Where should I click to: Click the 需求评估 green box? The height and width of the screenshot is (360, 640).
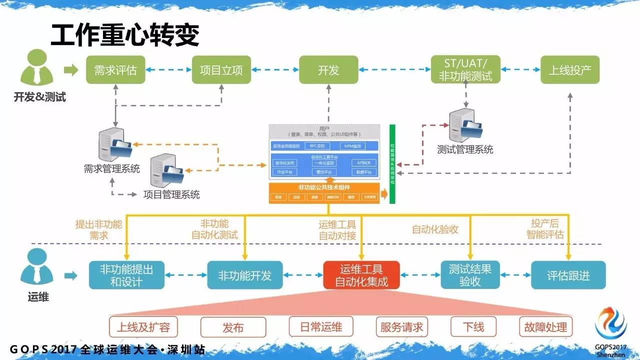coord(115,70)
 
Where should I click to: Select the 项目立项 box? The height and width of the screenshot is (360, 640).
coord(221,70)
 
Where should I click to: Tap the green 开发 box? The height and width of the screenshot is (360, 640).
coord(328,70)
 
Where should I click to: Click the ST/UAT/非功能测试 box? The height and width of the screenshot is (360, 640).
coord(465,69)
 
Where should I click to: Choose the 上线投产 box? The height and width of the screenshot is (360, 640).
coord(569,70)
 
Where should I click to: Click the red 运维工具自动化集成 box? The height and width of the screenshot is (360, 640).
coord(361,275)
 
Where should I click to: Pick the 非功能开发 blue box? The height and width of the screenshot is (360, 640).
coord(244,275)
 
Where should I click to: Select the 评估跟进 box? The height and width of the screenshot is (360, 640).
coord(568,275)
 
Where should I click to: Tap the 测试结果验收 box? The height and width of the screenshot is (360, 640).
coord(469,275)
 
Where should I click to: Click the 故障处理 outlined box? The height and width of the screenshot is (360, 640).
coord(545,327)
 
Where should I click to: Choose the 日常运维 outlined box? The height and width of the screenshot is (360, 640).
coord(321,327)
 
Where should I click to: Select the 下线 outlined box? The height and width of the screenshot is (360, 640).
coord(473,327)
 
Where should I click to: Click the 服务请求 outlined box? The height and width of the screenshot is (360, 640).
coord(401,327)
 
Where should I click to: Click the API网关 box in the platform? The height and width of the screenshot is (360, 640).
coord(363,163)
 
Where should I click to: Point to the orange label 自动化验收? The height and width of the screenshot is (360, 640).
coord(435,229)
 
